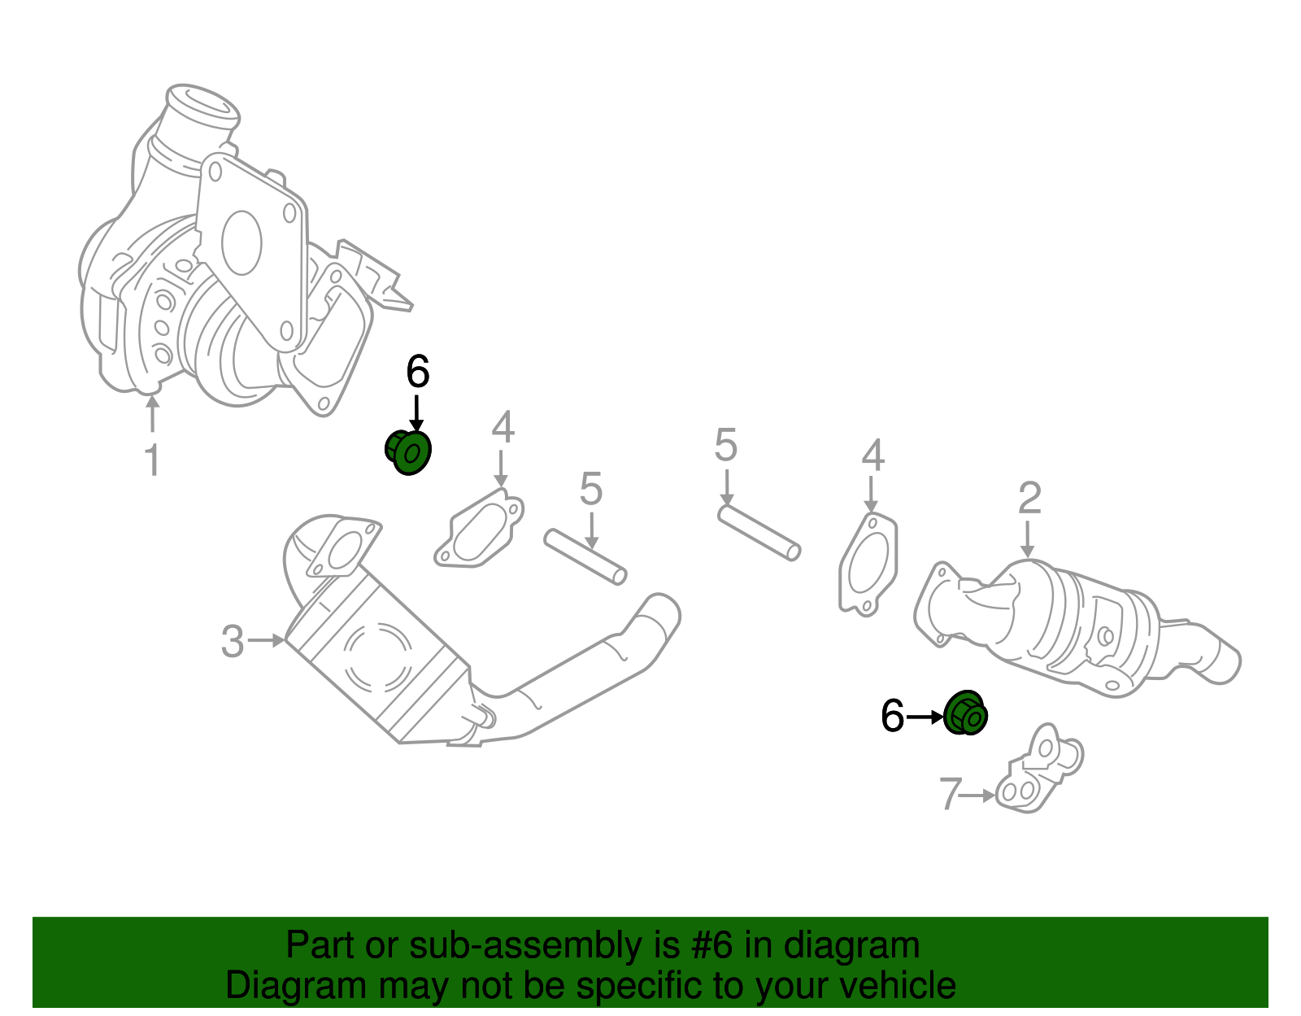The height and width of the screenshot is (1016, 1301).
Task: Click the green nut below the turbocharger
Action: click(x=407, y=451)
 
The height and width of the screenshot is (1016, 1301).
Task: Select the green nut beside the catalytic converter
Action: click(x=966, y=713)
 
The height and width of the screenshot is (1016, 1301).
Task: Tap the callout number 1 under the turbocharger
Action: click(x=152, y=460)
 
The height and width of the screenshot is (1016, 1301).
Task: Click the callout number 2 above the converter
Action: click(x=1029, y=498)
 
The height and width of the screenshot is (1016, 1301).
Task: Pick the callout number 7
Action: click(x=950, y=794)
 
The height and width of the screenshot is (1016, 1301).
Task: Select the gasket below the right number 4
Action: click(x=869, y=564)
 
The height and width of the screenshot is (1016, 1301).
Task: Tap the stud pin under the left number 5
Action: click(x=585, y=557)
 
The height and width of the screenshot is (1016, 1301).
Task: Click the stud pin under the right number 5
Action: click(x=759, y=533)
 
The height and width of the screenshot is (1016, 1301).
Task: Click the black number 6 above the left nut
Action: click(x=417, y=373)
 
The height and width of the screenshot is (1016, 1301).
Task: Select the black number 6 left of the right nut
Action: click(x=892, y=717)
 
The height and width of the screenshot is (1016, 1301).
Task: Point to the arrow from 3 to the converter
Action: click(x=267, y=641)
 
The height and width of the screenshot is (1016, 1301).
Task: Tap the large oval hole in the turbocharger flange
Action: click(x=241, y=242)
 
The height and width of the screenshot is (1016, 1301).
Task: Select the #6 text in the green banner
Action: click(x=712, y=946)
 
